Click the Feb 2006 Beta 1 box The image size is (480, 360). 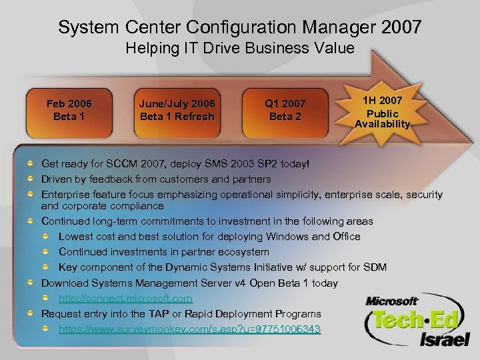point(69,109)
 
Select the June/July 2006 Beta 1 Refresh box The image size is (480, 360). point(177,109)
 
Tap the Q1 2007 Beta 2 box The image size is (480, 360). point(285,109)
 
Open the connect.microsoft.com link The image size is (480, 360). point(125,299)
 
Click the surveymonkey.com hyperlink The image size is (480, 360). point(189,329)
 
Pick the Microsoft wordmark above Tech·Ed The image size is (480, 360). point(391,301)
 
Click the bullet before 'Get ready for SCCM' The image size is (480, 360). point(31,163)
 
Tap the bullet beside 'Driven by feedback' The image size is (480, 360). point(31,179)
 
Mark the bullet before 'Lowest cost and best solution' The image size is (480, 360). point(47,236)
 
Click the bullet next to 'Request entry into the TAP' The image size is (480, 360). point(31,313)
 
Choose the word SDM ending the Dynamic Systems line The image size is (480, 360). point(375,267)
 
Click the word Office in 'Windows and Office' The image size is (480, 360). point(346,237)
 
